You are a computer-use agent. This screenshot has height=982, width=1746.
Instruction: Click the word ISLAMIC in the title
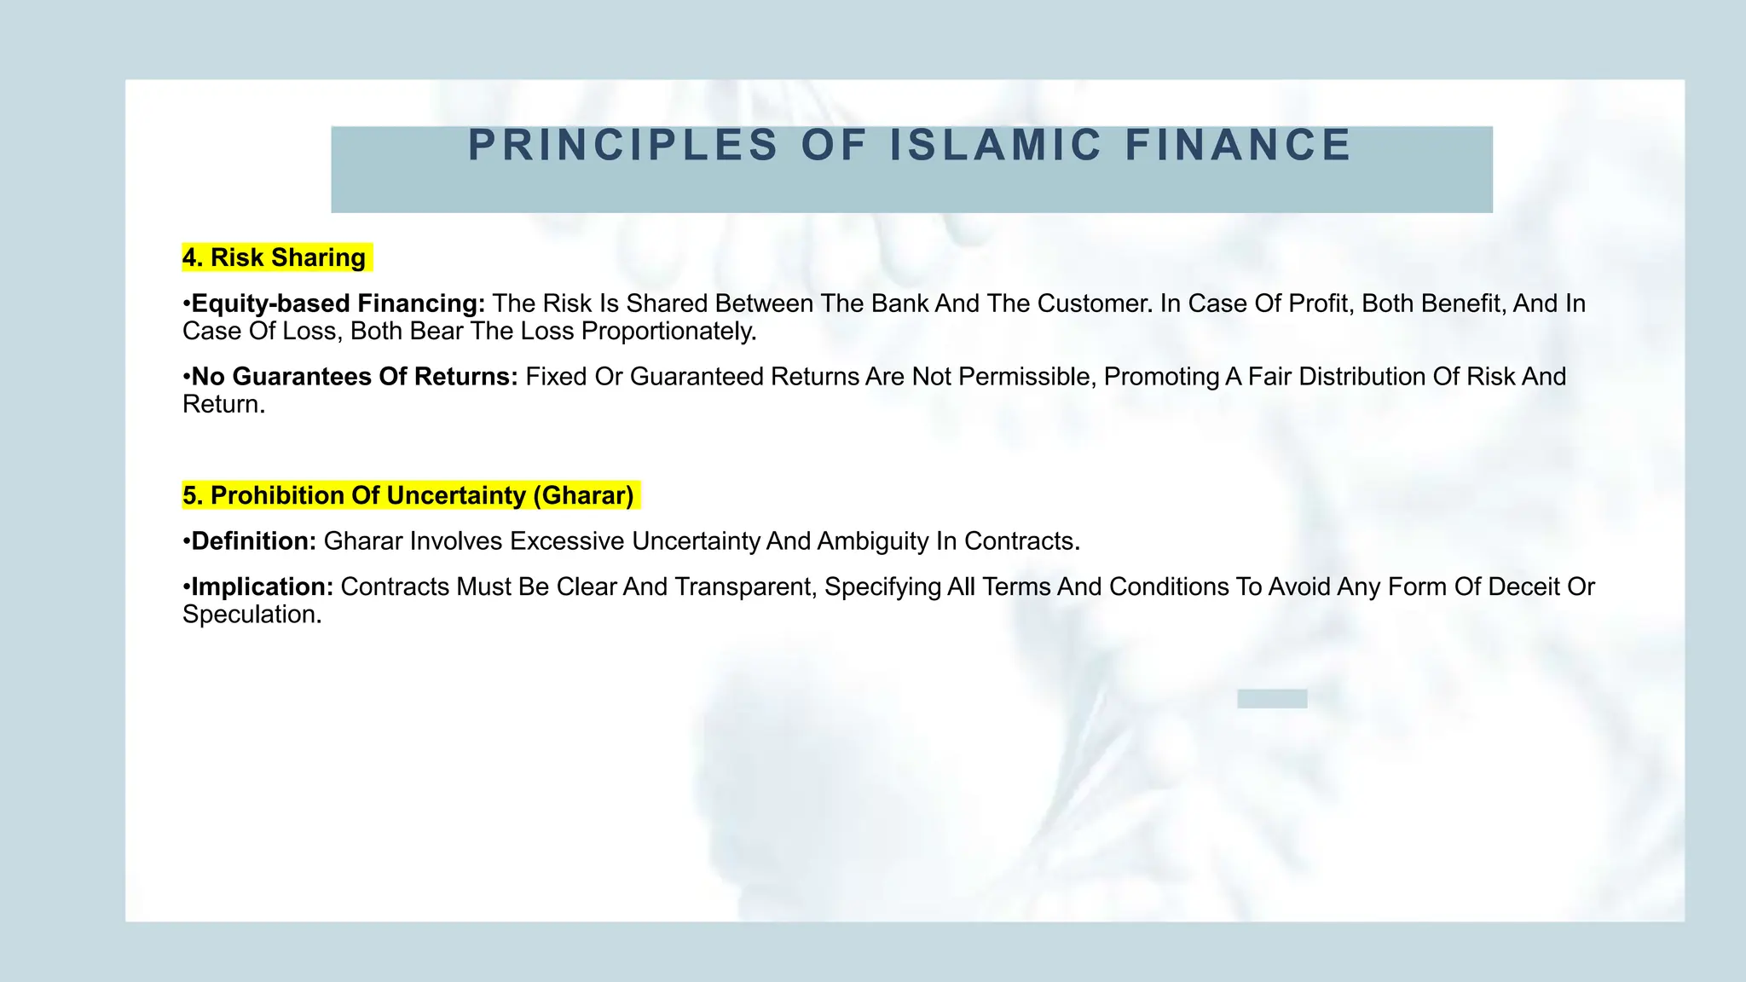pyautogui.click(x=996, y=145)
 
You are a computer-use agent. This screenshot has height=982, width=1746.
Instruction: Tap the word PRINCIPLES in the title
pyautogui.click(x=623, y=145)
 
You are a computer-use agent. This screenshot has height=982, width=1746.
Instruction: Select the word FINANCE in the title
pyautogui.click(x=1238, y=145)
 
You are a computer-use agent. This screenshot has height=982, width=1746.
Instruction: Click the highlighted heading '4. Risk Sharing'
pyautogui.click(x=275, y=257)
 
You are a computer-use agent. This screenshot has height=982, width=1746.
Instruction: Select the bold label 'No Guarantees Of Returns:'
pyautogui.click(x=355, y=377)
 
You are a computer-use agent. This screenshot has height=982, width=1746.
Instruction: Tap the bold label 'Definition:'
pyautogui.click(x=254, y=541)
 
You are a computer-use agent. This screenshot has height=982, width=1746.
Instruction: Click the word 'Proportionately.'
pyautogui.click(x=669, y=331)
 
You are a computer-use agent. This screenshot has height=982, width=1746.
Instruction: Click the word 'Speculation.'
pyautogui.click(x=252, y=615)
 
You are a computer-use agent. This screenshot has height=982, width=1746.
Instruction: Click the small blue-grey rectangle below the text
pyautogui.click(x=1272, y=699)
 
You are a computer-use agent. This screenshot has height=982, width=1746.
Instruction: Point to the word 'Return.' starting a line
pyautogui.click(x=224, y=404)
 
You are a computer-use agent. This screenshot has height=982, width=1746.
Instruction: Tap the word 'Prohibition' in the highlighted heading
pyautogui.click(x=274, y=495)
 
